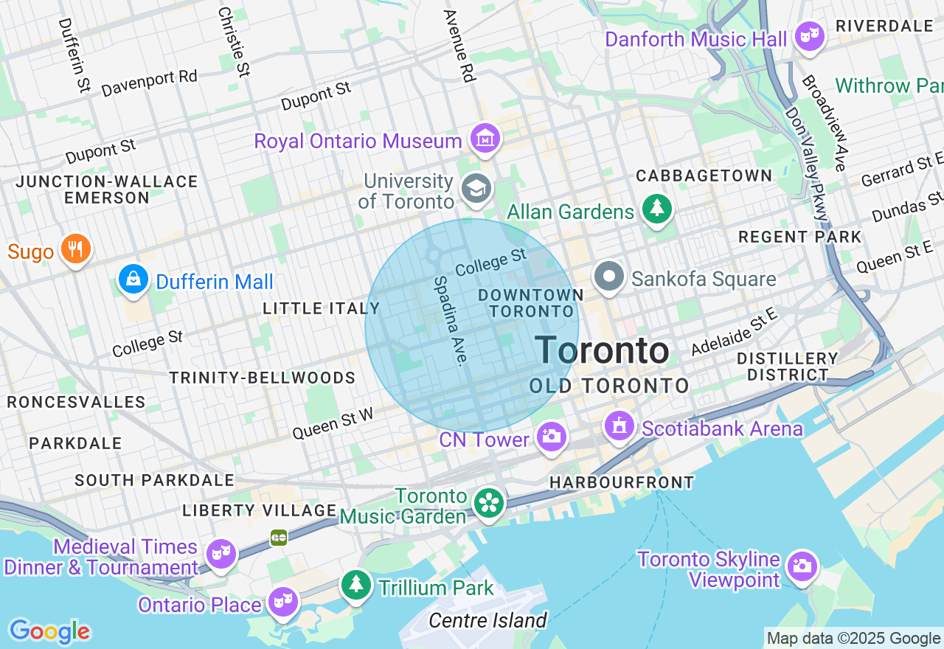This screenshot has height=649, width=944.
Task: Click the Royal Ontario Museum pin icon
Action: [485, 139]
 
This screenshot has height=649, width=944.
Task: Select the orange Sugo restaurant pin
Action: [75, 249]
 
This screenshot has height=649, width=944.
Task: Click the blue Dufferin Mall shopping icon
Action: [133, 280]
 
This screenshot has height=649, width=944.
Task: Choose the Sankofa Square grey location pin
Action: [609, 277]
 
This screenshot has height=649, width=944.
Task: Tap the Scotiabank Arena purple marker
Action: [619, 426]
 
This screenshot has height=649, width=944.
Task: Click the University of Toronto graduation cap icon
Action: [476, 188]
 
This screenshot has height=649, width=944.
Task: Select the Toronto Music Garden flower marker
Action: [488, 504]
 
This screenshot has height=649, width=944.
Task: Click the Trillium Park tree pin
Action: [357, 585]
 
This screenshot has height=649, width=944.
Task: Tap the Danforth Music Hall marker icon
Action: [810, 36]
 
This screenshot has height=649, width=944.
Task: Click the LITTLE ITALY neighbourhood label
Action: [322, 308]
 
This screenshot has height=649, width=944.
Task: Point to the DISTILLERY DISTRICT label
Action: [788, 367]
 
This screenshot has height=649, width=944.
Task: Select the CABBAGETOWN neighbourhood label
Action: [704, 176]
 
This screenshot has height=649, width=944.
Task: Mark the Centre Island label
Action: [487, 620]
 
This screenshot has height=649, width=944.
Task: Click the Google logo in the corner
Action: [49, 631]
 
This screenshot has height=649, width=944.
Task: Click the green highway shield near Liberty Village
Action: [279, 537]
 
